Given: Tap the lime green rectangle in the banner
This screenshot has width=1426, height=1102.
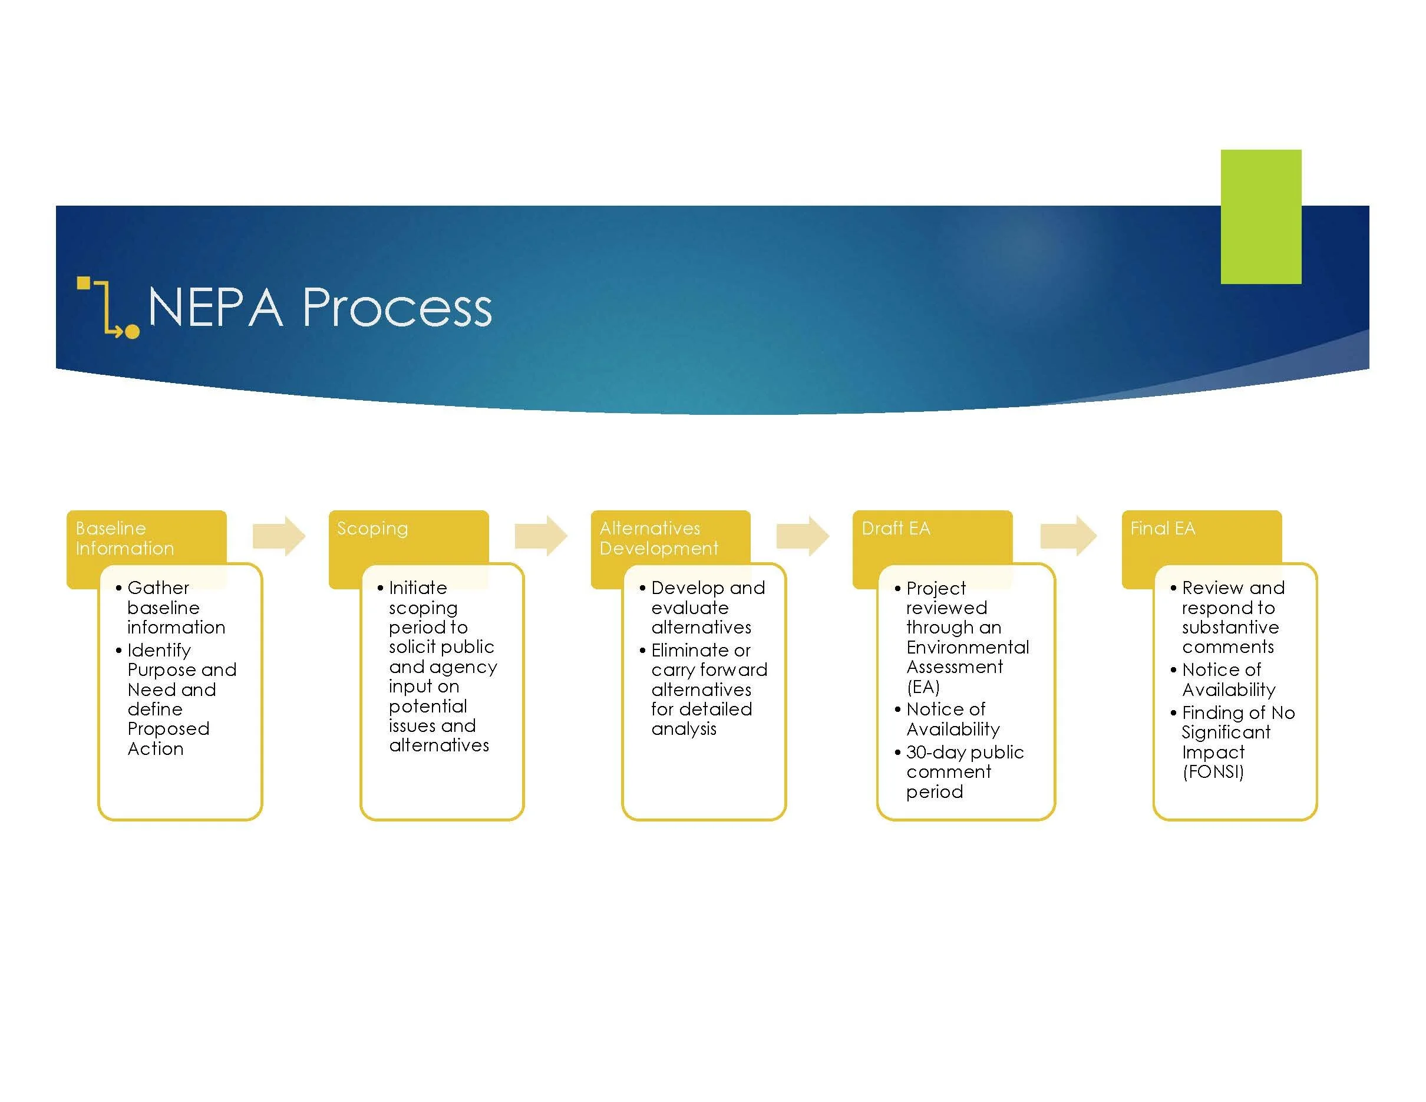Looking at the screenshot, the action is pos(1261,217).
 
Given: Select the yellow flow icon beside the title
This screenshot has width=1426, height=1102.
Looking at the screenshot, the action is pos(108,308).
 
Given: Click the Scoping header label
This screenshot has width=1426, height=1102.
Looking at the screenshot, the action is pos(372,529).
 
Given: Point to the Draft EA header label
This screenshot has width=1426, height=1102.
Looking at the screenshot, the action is pos(896,528).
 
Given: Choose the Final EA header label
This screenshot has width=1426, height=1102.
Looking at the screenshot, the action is pos(1163,528).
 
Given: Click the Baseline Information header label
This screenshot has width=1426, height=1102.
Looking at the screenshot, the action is pos(125,538).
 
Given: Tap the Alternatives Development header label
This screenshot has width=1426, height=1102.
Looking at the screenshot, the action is pos(659,538).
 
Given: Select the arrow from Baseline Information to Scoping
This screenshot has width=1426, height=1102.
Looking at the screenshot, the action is pos(279,536).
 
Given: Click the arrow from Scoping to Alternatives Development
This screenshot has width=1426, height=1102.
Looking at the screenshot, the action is pos(542,536).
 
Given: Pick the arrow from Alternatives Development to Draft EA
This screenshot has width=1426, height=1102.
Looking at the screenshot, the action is pos(803,536).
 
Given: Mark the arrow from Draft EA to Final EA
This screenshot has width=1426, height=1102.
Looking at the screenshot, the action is pos(1069,536).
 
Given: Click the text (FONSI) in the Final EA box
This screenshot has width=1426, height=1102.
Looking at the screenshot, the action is pos(1213,771).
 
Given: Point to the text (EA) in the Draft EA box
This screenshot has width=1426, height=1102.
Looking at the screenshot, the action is pos(923,687).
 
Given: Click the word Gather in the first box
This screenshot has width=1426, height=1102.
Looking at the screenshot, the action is pos(158,588).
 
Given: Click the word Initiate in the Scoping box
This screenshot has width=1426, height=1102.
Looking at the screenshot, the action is pos(418,588).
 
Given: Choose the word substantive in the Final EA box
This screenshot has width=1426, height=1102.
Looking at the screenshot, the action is pos(1230,628).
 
